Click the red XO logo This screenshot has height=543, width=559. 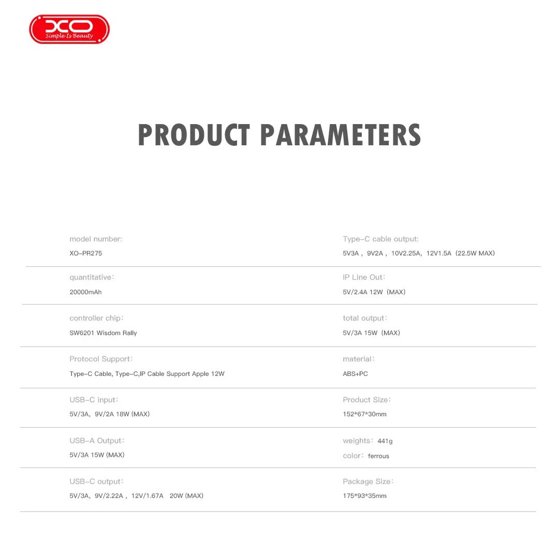tap(69, 29)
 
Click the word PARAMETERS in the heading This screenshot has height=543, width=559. tap(341, 135)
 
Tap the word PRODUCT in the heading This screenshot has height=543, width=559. tap(194, 135)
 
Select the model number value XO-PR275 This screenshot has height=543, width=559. tap(85, 253)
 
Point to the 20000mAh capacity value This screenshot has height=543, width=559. tap(85, 292)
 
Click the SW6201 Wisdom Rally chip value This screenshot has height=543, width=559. tap(103, 333)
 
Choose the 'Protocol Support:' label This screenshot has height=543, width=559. tap(101, 359)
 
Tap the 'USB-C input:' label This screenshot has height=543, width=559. tap(94, 400)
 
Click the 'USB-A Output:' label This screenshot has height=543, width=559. tap(97, 441)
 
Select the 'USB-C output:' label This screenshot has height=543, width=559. tap(96, 481)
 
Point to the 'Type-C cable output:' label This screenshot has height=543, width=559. tap(381, 239)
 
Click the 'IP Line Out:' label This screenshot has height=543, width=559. tap(364, 277)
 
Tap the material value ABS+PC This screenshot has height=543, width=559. tap(355, 374)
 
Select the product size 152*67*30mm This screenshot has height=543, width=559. tap(364, 414)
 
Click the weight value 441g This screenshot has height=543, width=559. tap(385, 441)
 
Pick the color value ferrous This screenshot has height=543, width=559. tap(378, 456)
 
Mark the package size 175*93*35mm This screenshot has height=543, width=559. tap(364, 495)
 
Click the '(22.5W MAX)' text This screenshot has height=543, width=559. tap(475, 253)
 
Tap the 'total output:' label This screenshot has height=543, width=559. tap(365, 318)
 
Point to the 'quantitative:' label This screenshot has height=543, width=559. tap(92, 277)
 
